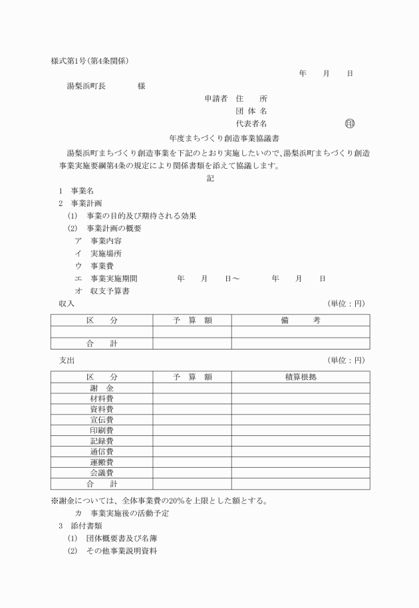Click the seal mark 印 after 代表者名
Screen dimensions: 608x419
point(350,124)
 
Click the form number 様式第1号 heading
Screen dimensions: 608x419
point(70,61)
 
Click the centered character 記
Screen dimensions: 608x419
point(210,178)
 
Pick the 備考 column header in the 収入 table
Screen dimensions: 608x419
point(300,320)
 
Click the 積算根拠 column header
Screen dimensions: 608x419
point(300,377)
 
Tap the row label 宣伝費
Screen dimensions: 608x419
point(102,419)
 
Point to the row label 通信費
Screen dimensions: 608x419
point(102,451)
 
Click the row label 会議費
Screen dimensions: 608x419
point(102,472)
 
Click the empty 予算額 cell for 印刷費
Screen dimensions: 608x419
point(192,430)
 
